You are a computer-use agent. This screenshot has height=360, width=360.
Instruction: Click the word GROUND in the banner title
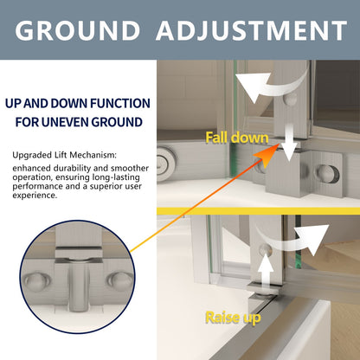click(77, 30)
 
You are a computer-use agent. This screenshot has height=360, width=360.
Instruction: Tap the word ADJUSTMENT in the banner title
click(252, 30)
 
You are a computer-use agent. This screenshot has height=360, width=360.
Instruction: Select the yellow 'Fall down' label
click(237, 138)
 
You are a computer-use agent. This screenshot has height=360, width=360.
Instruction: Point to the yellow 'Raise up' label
click(233, 318)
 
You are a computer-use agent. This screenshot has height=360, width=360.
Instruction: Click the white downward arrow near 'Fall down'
click(289, 143)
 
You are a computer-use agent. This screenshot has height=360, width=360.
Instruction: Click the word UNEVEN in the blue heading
click(65, 122)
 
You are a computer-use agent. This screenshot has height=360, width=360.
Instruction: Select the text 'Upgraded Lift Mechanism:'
click(65, 155)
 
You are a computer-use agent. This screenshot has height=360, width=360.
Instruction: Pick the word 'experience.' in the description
click(35, 196)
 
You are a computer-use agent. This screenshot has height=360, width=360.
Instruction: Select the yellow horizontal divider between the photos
click(259, 211)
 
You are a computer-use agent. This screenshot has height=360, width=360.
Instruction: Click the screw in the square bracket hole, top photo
click(328, 174)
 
